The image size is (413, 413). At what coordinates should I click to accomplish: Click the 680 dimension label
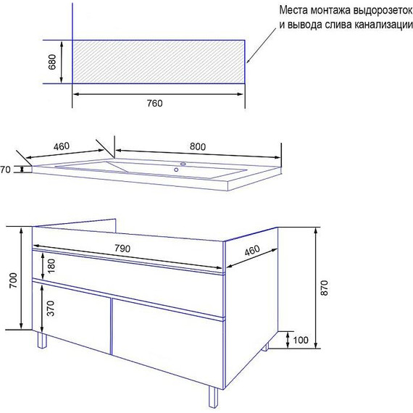(x=52, y=62)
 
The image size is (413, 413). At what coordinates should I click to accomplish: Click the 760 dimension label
(x=154, y=103)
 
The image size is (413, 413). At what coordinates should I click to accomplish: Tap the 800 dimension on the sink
(x=198, y=146)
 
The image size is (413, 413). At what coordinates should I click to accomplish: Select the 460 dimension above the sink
(x=62, y=146)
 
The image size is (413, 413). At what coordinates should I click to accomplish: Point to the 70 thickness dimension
(x=5, y=170)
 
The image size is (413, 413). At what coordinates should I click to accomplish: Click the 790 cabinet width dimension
(x=122, y=248)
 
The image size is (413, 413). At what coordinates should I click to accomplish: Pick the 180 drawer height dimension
(x=51, y=266)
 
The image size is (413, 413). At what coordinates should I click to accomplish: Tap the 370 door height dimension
(x=50, y=308)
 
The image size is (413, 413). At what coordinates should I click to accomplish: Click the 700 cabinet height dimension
(x=13, y=280)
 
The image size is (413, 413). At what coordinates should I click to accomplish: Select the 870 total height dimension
(x=325, y=288)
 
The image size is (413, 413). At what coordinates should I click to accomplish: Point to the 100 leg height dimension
(x=301, y=340)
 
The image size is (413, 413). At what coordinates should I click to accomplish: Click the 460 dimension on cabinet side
(x=252, y=251)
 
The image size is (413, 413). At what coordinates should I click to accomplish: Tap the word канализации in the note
(x=383, y=25)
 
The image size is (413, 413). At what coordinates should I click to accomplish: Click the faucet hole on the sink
(x=183, y=164)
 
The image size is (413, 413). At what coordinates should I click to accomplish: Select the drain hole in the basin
(x=176, y=170)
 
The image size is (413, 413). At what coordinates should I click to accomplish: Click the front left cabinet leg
(x=42, y=340)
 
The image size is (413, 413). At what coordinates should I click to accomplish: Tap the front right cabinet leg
(x=213, y=396)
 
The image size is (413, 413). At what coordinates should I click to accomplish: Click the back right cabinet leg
(x=265, y=346)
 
